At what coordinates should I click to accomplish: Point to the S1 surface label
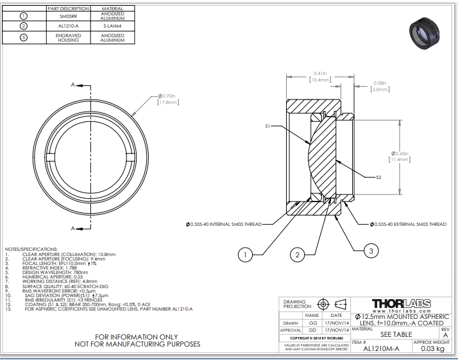click(269, 127)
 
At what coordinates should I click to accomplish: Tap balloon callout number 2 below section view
click(296, 255)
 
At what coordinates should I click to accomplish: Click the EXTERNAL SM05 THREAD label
click(407, 224)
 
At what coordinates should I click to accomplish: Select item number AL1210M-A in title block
click(381, 349)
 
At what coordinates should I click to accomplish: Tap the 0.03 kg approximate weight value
click(432, 349)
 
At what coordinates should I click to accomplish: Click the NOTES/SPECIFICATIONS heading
click(31, 249)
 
